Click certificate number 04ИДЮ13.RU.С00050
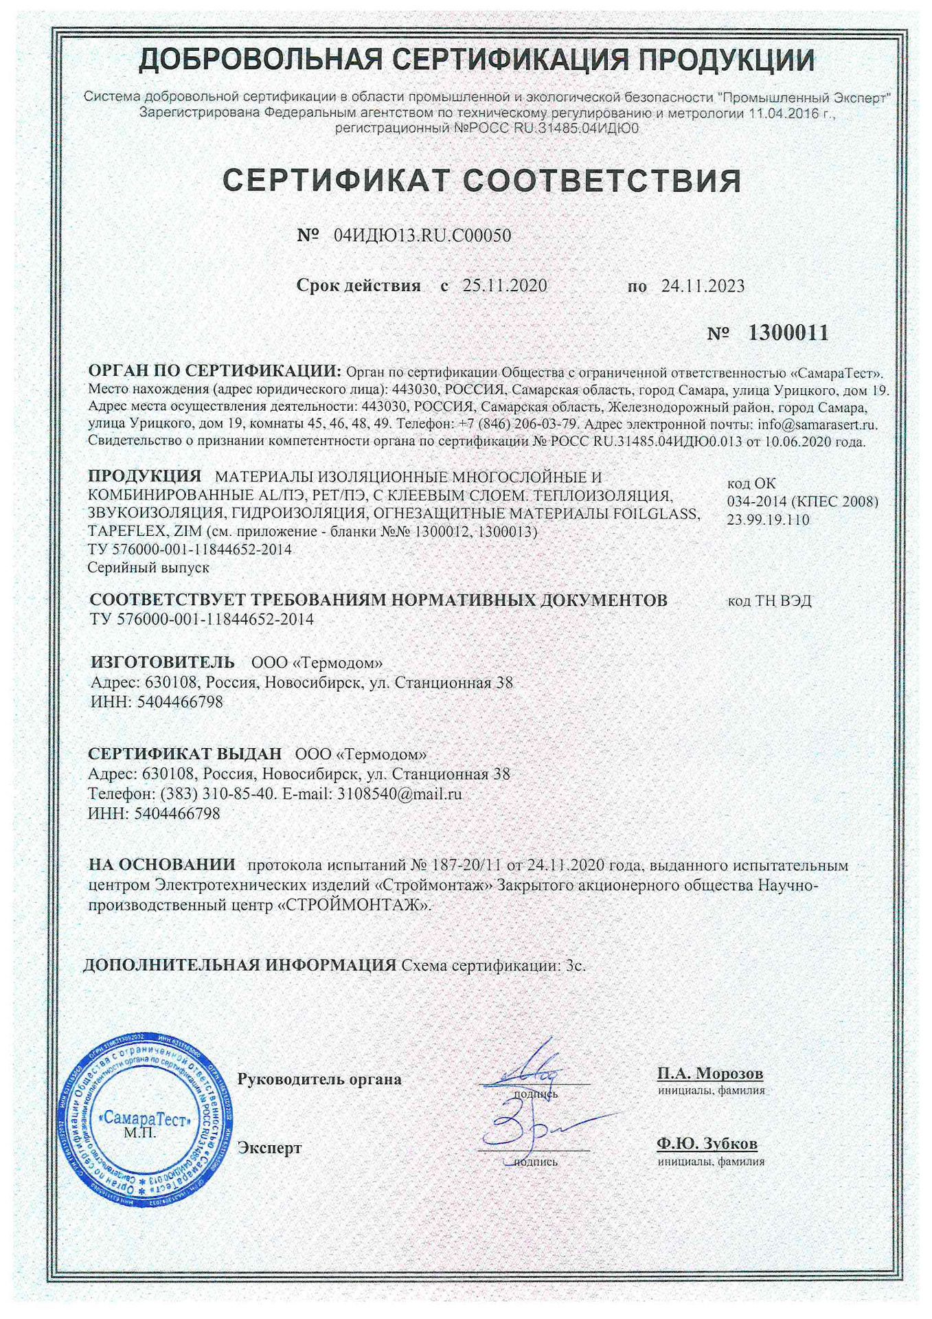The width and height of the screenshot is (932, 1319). pyautogui.click(x=422, y=236)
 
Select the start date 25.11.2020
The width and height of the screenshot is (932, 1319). pyautogui.click(x=504, y=286)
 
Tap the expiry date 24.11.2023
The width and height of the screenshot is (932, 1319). pyautogui.click(x=703, y=286)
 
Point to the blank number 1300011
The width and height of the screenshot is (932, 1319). pyautogui.click(x=787, y=334)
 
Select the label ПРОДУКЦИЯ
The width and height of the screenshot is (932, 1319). pyautogui.click(x=145, y=476)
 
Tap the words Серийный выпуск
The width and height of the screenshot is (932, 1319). pyautogui.click(x=148, y=568)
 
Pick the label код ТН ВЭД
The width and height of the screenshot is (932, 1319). pyautogui.click(x=769, y=601)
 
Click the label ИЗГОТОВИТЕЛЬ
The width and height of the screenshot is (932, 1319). pyautogui.click(x=163, y=662)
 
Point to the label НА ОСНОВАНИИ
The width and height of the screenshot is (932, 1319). pyautogui.click(x=162, y=864)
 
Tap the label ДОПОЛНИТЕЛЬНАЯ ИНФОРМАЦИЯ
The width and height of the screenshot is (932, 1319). pyautogui.click(x=240, y=965)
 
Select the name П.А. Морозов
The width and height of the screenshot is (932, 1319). pyautogui.click(x=709, y=1072)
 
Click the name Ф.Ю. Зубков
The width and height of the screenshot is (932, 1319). pyautogui.click(x=707, y=1144)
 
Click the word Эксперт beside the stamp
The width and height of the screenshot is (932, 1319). pyautogui.click(x=269, y=1148)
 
